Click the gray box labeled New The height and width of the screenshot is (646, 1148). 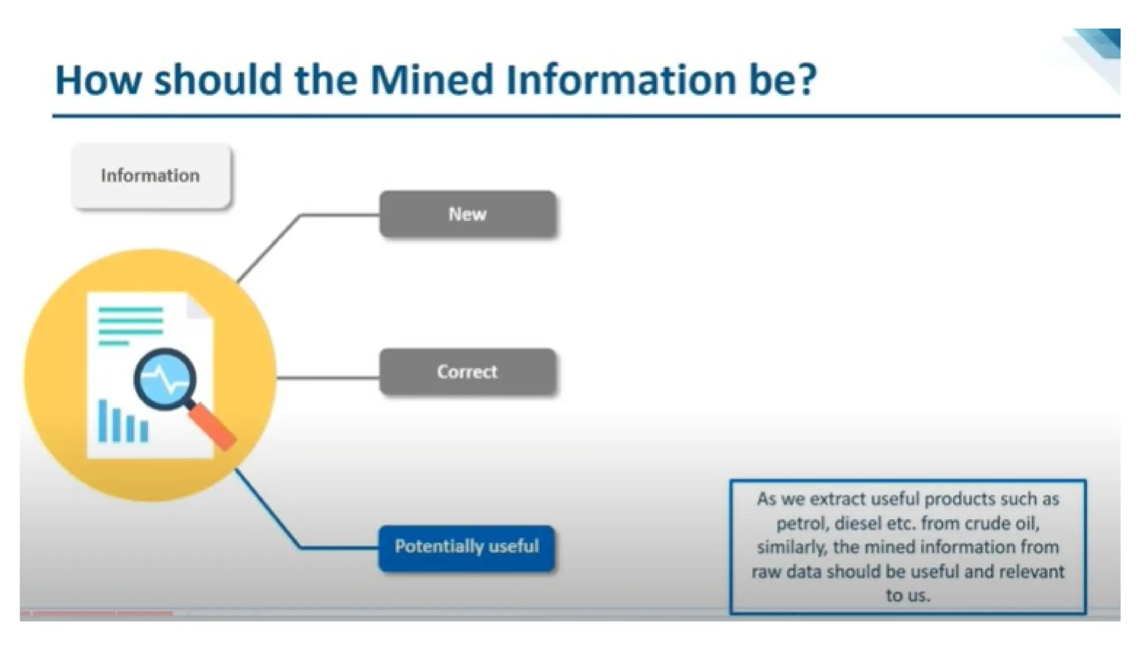467,214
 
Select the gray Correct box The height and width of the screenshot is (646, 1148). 467,372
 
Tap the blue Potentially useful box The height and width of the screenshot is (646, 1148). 466,547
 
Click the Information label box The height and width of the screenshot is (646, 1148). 150,176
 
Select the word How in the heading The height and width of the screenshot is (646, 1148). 98,80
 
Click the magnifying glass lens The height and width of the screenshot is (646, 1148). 165,379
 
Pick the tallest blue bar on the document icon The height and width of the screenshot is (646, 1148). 103,421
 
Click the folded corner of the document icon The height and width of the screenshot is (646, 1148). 199,307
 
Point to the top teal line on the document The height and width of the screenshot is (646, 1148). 130,310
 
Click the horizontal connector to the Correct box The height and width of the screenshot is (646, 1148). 328,377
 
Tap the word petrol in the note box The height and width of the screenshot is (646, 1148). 802,524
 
